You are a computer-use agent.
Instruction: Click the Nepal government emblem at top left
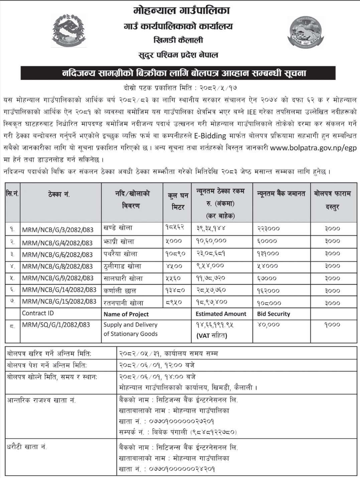point(69,31)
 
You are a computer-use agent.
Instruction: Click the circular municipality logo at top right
point(306,32)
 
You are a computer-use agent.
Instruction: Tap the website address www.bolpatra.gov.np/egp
point(313,147)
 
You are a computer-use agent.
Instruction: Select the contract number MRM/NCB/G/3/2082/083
point(57,230)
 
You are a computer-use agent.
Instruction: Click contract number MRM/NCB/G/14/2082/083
point(59,290)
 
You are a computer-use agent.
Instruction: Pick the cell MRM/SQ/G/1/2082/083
point(56,325)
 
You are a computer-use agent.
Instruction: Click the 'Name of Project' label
point(126,314)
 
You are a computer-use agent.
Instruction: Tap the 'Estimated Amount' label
point(221,314)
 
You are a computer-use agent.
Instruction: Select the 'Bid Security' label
point(273,314)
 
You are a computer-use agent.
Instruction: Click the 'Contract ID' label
point(38,313)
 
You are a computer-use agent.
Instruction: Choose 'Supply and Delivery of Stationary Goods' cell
point(130,329)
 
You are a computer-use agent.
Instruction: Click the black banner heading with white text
point(185,73)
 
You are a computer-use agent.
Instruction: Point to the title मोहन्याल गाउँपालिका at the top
point(181,11)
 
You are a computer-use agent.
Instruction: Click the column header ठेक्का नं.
point(59,194)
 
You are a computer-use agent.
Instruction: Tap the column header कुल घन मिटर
point(177,201)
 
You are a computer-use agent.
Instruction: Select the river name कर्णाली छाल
point(120,290)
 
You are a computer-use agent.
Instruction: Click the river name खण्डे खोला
point(118,228)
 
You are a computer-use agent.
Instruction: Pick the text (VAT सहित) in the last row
point(212,336)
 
